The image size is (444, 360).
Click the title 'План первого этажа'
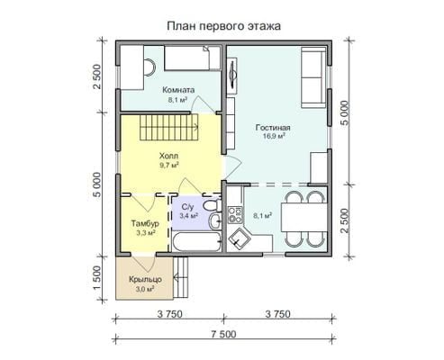(223, 26)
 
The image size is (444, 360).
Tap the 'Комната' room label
(178, 90)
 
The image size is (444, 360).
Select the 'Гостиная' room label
(273, 128)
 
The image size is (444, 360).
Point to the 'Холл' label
(168, 156)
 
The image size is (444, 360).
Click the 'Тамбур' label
(145, 223)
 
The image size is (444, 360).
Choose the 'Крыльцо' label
(145, 279)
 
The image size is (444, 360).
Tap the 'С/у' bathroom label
(188, 207)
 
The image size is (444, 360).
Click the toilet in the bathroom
(212, 205)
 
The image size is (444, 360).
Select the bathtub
(197, 242)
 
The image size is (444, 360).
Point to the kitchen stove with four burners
(235, 215)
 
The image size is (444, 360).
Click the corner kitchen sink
(239, 239)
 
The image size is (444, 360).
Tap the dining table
(304, 217)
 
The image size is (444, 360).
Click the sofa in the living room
(313, 77)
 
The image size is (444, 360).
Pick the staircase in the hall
(168, 127)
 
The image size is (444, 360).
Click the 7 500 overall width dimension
(223, 334)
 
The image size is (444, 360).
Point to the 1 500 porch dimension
(97, 278)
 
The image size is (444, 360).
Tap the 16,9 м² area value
(274, 136)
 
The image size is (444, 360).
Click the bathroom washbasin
(214, 221)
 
